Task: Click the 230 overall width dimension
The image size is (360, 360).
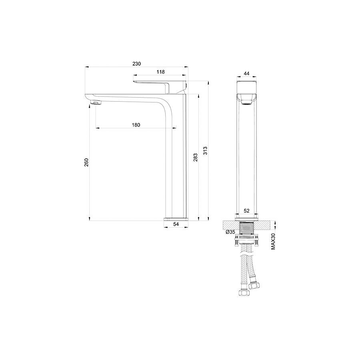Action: (137, 64)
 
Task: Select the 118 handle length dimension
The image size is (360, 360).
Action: (160, 72)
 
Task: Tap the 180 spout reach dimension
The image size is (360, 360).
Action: (136, 125)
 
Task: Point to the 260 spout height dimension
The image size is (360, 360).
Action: (86, 162)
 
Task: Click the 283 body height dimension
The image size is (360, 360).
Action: (195, 157)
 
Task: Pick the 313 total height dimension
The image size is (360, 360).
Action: (205, 151)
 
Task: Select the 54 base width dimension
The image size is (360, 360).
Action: (176, 224)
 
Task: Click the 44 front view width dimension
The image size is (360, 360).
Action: (246, 74)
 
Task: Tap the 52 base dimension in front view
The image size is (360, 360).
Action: (246, 210)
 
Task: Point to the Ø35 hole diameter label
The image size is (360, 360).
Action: (230, 232)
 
